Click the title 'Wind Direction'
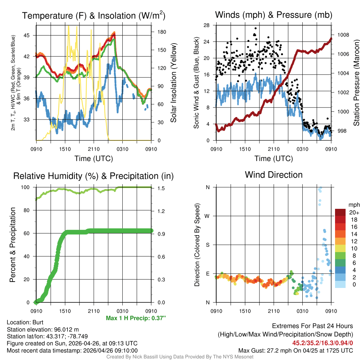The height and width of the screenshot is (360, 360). [274, 175]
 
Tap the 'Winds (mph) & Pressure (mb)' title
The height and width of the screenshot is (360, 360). [274, 15]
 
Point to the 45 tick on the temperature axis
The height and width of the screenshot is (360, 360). [30, 35]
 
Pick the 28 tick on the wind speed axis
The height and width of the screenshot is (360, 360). [207, 25]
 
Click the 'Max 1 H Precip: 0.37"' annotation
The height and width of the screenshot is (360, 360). [136, 318]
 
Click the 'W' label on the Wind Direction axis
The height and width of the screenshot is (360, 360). [207, 216]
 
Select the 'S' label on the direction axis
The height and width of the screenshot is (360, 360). [208, 245]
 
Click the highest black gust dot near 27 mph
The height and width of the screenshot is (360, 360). [256, 28]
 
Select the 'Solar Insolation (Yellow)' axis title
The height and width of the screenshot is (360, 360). [173, 83]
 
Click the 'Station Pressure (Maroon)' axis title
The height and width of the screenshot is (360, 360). [356, 83]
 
